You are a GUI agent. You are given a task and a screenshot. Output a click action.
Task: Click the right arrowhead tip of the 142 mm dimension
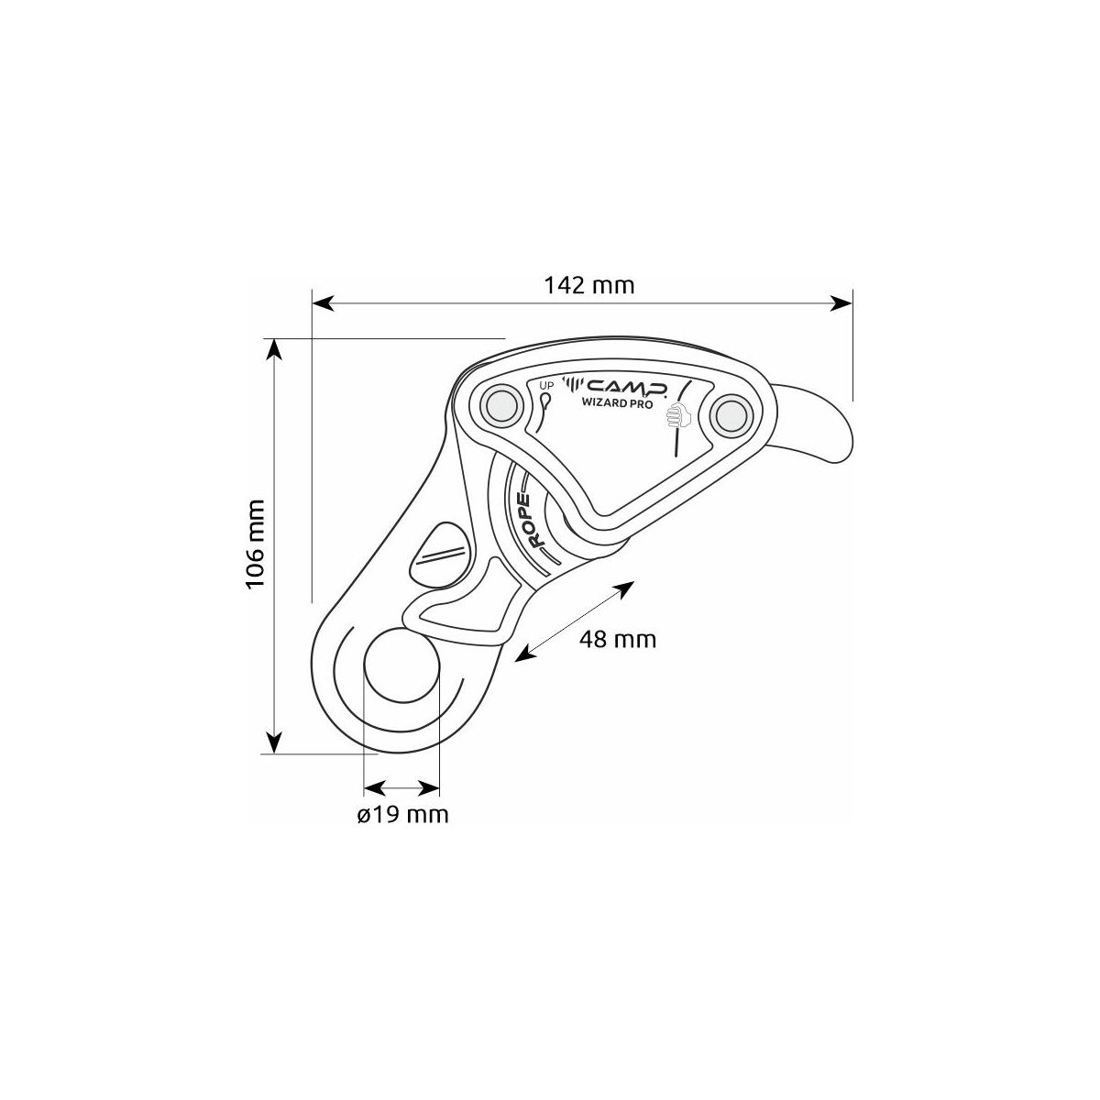coord(852,303)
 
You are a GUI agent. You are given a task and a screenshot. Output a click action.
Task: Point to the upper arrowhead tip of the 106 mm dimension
coord(275,338)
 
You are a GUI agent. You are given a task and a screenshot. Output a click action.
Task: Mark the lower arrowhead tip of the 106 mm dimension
coord(275,753)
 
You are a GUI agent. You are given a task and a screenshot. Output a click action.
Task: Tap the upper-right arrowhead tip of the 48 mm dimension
coord(634,582)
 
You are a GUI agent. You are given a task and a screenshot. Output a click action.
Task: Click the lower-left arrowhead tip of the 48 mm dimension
coord(515,662)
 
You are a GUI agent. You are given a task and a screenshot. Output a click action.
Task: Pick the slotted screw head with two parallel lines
coord(441,553)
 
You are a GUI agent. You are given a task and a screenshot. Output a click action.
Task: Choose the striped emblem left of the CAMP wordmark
coord(575,385)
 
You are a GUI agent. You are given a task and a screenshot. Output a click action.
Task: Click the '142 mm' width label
coord(588,285)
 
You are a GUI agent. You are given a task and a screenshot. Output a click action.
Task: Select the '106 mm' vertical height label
coord(255,544)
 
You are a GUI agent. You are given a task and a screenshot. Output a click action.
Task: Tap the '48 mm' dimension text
coord(618,639)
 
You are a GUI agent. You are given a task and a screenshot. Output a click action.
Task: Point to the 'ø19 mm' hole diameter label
coord(403,814)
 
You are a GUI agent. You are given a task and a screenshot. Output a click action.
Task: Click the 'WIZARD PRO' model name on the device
coord(617,401)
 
